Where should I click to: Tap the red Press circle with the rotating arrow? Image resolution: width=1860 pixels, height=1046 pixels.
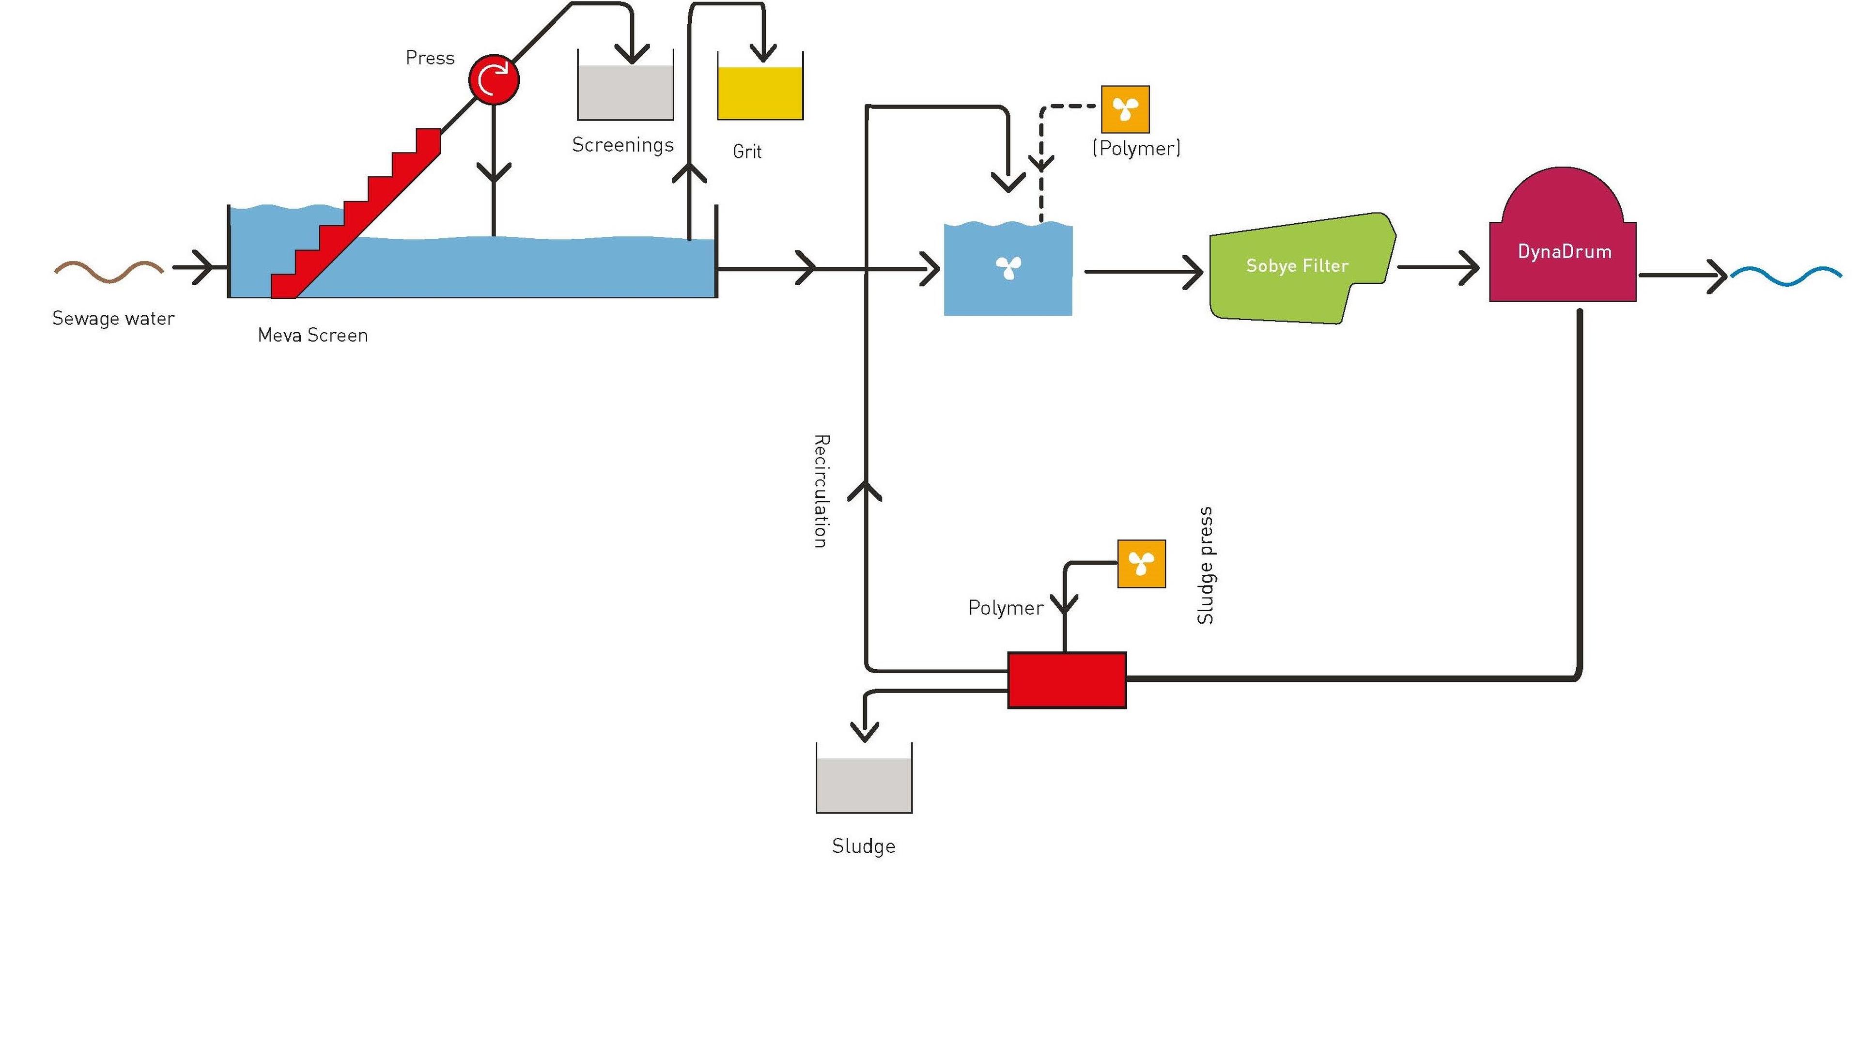[494, 79]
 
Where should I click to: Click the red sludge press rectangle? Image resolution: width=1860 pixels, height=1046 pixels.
[1067, 680]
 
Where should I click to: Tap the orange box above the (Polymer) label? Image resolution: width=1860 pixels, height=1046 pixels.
[1125, 109]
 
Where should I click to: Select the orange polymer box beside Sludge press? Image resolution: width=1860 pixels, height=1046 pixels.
[1142, 564]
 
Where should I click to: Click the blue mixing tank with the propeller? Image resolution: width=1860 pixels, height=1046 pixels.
[1008, 269]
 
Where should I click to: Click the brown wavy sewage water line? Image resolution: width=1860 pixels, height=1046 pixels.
[109, 271]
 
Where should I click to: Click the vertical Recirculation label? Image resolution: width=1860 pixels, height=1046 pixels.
[821, 491]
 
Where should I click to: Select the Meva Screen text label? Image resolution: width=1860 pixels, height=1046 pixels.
[312, 335]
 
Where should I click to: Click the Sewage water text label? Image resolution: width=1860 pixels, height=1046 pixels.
[113, 318]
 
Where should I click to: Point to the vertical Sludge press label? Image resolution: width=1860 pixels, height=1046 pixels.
[1205, 565]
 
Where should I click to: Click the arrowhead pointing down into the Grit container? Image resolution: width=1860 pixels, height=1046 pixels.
[763, 53]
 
